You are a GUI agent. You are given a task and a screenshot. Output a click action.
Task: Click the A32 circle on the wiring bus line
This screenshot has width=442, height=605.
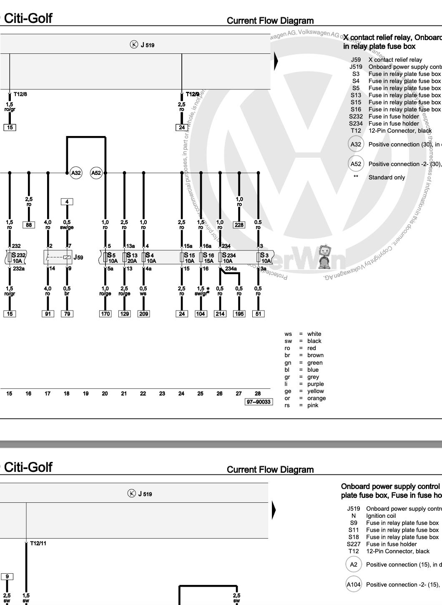pyautogui.click(x=76, y=173)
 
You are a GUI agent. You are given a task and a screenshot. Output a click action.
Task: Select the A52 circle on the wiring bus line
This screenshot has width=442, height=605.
pyautogui.click(x=96, y=173)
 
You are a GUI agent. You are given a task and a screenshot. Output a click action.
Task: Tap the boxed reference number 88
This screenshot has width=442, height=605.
pyautogui.click(x=29, y=225)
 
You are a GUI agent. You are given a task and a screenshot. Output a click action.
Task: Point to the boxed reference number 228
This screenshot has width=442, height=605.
pyautogui.click(x=239, y=225)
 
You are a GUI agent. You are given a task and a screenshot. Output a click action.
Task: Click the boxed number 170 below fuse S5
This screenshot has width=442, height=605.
pyautogui.click(x=105, y=314)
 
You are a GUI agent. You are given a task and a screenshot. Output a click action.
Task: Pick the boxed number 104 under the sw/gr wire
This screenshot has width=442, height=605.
pyautogui.click(x=201, y=314)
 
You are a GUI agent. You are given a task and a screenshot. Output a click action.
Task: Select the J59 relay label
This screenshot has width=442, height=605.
pyautogui.click(x=78, y=257)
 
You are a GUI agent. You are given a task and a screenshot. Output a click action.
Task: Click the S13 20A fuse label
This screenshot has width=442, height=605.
pyautogui.click(x=131, y=258)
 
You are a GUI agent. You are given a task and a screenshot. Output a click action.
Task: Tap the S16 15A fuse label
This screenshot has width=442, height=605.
pyautogui.click(x=208, y=258)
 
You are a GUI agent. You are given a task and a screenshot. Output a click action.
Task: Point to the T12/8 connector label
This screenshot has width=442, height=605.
pyautogui.click(x=20, y=94)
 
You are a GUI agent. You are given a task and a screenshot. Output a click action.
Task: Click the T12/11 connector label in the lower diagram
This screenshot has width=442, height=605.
pyautogui.click(x=38, y=544)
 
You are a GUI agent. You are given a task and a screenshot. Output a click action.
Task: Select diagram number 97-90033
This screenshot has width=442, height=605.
pyautogui.click(x=259, y=402)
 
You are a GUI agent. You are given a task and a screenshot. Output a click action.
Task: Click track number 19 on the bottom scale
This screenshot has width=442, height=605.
pyautogui.click(x=86, y=393)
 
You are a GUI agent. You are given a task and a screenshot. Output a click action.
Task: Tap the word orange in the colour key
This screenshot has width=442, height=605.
pyautogui.click(x=316, y=398)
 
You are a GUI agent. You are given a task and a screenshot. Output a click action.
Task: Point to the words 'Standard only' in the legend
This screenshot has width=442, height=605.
pyautogui.click(x=387, y=177)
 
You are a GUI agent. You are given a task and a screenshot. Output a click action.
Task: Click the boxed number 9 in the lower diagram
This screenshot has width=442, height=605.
pyautogui.click(x=7, y=577)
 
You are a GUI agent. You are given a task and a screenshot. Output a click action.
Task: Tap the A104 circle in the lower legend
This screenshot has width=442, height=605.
pyautogui.click(x=354, y=585)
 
